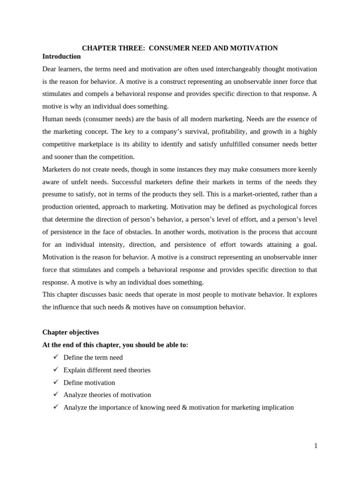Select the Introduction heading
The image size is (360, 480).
click(61, 56)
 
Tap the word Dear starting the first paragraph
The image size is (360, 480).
click(50, 69)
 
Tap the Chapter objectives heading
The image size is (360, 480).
click(70, 332)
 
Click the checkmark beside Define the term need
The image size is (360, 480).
click(56, 357)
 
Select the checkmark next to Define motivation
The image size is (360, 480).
click(56, 382)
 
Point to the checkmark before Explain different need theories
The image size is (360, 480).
click(56, 369)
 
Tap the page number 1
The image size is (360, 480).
click(316, 446)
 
